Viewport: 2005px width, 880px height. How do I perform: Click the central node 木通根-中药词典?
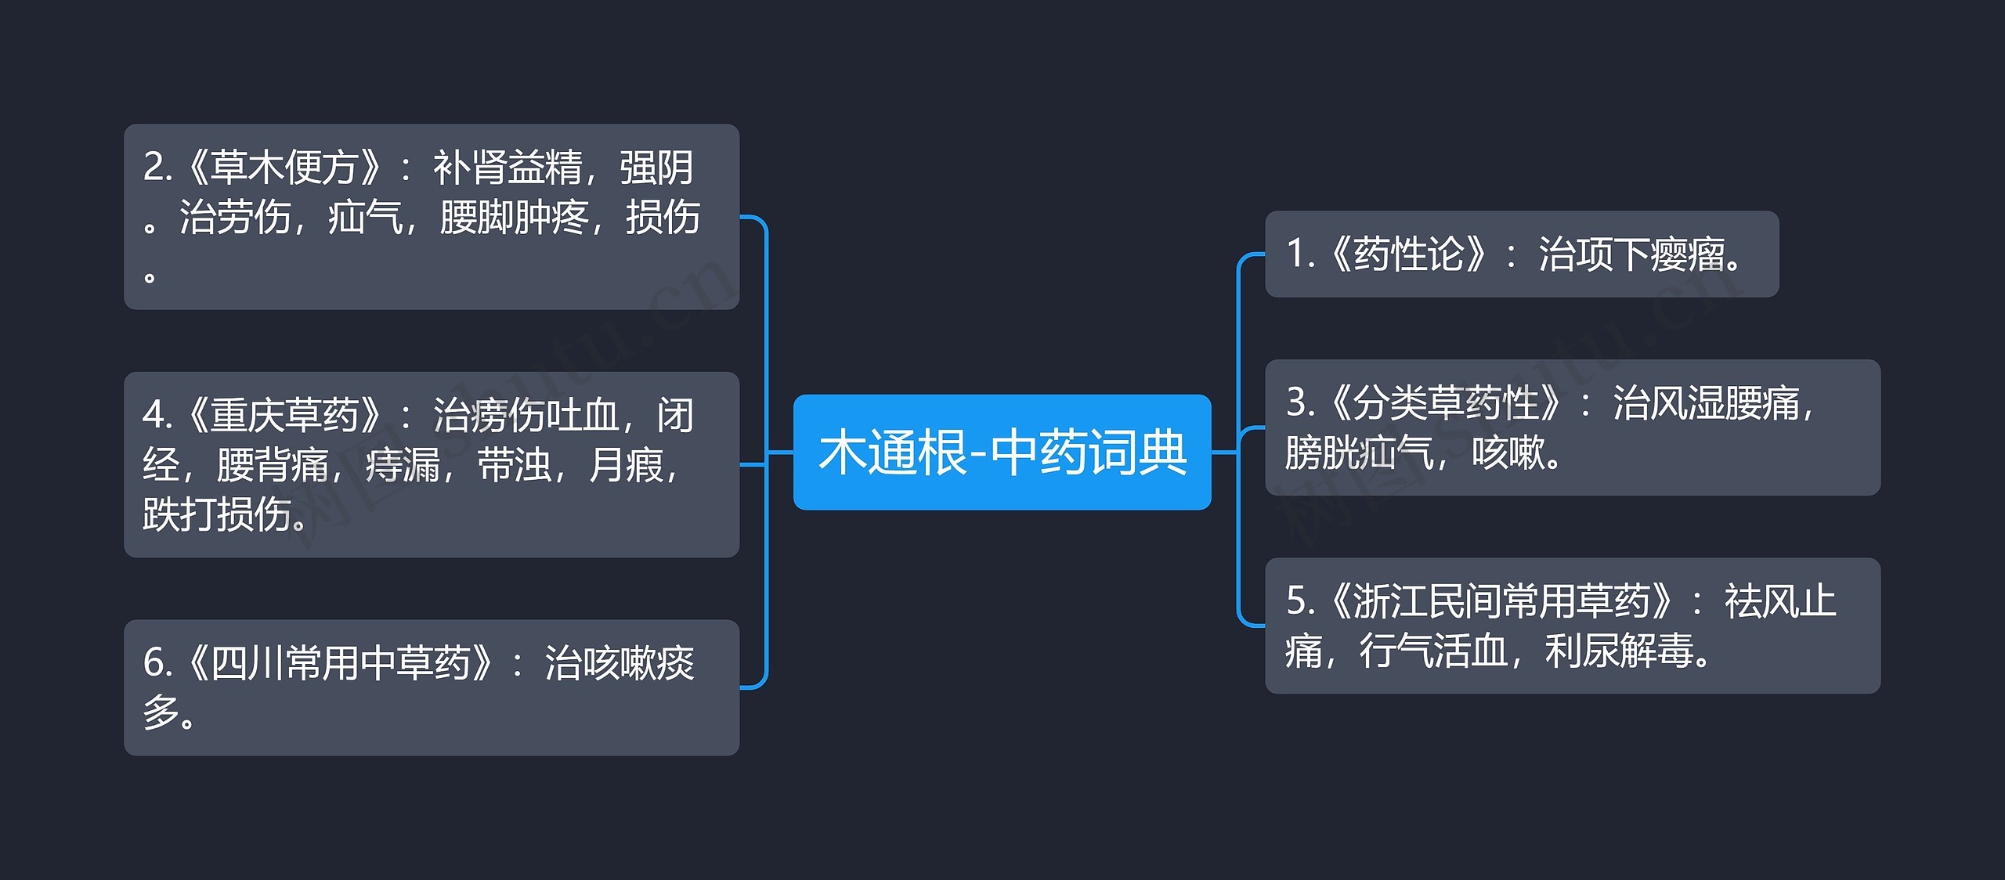[x=1002, y=453]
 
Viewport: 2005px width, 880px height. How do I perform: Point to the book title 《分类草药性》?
[x=1444, y=403]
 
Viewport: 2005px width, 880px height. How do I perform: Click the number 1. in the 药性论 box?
[x=1299, y=254]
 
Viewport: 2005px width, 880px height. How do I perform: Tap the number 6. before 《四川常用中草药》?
[x=157, y=663]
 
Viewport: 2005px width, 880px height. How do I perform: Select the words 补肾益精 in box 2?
[x=508, y=168]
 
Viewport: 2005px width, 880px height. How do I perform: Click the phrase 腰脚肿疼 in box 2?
[x=514, y=218]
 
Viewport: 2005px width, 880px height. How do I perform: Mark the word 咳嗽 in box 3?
[x=1508, y=453]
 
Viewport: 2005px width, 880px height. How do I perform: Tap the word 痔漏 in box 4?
[x=403, y=466]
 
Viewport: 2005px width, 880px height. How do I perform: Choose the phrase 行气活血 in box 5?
[x=1433, y=651]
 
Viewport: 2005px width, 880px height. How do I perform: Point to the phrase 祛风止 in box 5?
[x=1779, y=601]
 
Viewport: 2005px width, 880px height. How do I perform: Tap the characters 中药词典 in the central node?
[x=1089, y=453]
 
